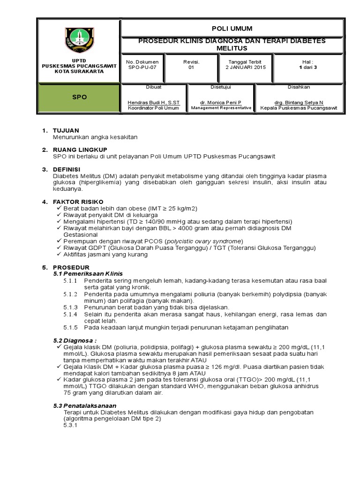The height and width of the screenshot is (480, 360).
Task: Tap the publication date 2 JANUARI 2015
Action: pos(244,67)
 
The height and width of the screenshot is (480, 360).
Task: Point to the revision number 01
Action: pos(191,67)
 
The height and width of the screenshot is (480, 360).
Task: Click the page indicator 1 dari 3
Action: pos(308,67)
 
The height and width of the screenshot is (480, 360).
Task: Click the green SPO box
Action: pos(79,97)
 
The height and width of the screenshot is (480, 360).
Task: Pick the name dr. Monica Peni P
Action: pos(220,102)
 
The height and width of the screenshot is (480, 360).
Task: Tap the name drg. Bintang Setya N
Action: pos(298,102)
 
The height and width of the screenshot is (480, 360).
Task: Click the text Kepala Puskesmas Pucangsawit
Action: pos(298,108)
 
